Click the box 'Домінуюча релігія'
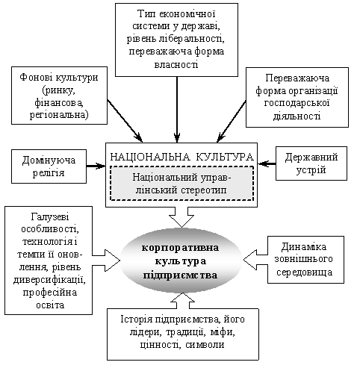(49, 166)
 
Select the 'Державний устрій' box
(311, 163)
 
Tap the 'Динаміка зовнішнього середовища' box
(305, 260)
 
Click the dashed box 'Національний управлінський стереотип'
(182, 184)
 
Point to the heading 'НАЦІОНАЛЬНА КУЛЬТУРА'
(182, 157)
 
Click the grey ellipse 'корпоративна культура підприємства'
(181, 261)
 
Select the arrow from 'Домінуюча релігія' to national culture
(96, 166)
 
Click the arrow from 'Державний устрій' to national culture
(267, 163)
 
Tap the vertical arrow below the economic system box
(177, 110)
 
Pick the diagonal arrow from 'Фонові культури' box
(125, 121)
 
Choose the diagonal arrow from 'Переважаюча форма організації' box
(232, 122)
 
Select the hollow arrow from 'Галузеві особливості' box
(106, 261)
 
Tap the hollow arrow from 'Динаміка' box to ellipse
(255, 260)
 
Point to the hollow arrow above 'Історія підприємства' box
(183, 301)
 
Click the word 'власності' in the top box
(176, 65)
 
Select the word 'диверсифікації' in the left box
(49, 280)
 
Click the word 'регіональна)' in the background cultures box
(59, 115)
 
